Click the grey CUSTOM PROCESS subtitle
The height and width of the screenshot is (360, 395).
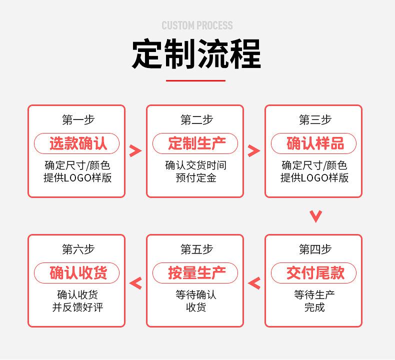coord(197,25)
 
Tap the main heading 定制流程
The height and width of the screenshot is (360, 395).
coord(196,54)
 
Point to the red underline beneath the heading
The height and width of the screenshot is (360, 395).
coord(195,80)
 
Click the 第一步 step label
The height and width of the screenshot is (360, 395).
coord(78,119)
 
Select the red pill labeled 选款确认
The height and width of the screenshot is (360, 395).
coord(77,143)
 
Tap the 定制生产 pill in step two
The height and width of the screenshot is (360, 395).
coord(195,143)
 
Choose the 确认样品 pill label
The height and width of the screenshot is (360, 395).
coord(314,143)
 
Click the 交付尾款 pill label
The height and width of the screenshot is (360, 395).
coord(314,273)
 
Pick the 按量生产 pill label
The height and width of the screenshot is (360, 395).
coord(195,273)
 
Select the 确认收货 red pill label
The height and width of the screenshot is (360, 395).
coord(77,273)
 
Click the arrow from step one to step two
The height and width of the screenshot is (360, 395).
coord(135,151)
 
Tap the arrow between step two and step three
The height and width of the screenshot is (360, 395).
coord(254,151)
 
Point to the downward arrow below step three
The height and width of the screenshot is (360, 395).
coord(316,216)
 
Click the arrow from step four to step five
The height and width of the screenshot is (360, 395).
coord(254,283)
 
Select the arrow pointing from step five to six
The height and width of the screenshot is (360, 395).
coord(135,283)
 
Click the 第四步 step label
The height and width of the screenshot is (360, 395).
coord(315,249)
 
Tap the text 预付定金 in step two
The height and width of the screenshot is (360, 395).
coord(196,178)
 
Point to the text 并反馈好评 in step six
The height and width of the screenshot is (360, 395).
coord(77,307)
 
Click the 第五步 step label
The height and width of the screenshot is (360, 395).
coord(197,249)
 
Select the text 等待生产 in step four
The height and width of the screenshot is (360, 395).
coord(314,295)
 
